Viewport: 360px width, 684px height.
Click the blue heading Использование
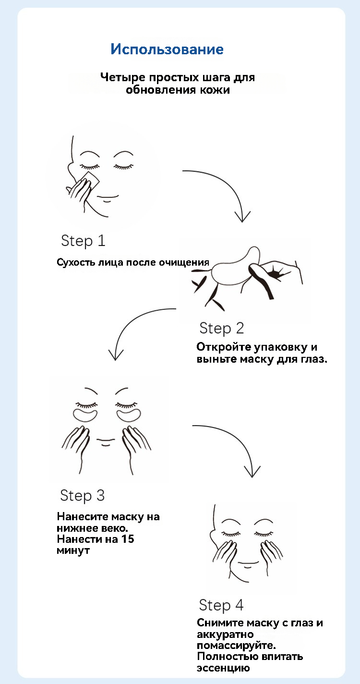[x=167, y=49]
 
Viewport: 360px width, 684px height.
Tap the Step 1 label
[x=84, y=241]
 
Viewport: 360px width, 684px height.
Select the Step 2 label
[x=222, y=329]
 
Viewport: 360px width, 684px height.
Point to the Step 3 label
[x=83, y=495]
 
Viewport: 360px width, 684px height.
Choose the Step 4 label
[x=221, y=605]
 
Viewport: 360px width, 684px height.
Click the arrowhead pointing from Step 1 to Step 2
[x=242, y=217]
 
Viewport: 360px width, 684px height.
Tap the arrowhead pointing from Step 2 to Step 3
[x=116, y=355]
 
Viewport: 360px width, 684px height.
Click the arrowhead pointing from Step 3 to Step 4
[x=252, y=472]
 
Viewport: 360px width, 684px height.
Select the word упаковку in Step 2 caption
[x=281, y=347]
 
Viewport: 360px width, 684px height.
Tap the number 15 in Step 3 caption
[x=128, y=539]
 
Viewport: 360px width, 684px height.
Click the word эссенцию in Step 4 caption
[x=223, y=668]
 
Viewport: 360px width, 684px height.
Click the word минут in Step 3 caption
[x=73, y=550]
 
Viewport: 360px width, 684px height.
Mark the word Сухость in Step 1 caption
[x=76, y=263]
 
